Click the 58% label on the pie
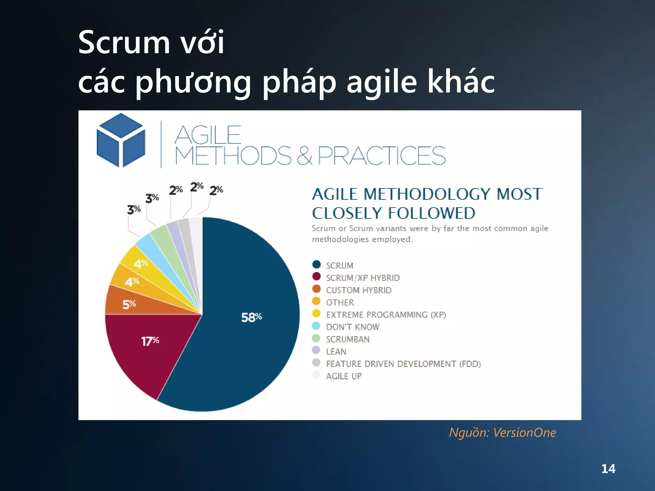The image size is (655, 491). [251, 317]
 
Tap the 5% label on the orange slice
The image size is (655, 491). [129, 304]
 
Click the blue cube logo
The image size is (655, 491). [121, 140]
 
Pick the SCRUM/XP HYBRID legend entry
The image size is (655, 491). [363, 278]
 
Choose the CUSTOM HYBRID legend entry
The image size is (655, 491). [359, 290]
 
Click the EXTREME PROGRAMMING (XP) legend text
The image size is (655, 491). [386, 315]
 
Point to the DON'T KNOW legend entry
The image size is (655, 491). [352, 327]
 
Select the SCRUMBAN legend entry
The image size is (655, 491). [348, 339]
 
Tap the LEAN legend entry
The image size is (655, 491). [336, 352]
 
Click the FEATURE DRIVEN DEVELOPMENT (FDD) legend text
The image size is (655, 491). [403, 364]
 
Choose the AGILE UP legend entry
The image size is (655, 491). [343, 376]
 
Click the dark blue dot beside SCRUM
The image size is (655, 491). [316, 264]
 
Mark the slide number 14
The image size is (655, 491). [608, 469]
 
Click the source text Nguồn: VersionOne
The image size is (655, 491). [502, 433]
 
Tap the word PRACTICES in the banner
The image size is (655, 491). [381, 156]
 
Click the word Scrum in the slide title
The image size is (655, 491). [124, 43]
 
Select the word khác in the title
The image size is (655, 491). [461, 82]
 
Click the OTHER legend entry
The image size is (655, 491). [340, 302]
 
